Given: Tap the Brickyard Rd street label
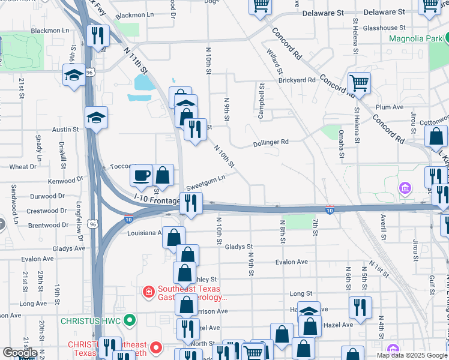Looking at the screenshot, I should [x=297, y=80].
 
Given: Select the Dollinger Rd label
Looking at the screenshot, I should [x=271, y=142].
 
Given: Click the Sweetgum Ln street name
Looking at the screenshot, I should [x=206, y=178].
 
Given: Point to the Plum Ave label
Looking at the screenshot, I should [x=388, y=107].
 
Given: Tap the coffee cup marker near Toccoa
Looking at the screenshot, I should [x=142, y=175].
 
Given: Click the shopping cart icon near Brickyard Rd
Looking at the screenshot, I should [x=359, y=83].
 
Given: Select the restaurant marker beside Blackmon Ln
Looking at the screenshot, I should [x=97, y=35].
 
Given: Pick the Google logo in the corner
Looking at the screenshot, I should [x=20, y=353].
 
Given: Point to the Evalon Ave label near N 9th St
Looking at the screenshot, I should [x=291, y=262].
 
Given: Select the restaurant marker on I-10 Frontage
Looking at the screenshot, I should [x=191, y=202].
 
